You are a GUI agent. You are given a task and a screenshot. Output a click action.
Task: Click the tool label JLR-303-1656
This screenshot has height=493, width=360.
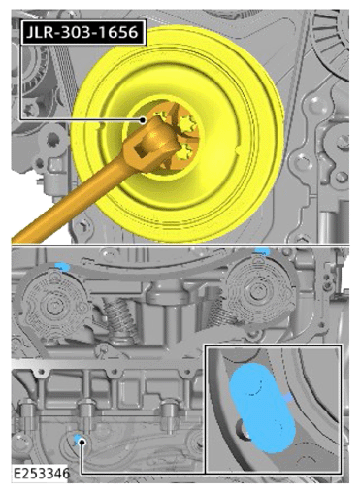[82, 32]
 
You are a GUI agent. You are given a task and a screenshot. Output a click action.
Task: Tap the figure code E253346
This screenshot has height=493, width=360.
[41, 473]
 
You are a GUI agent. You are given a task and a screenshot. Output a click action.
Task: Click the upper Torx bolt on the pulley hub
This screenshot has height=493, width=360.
[186, 124]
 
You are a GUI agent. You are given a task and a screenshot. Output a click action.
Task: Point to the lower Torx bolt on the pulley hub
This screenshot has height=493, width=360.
[182, 152]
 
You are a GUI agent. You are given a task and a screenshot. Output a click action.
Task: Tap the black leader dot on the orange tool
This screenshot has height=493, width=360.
[143, 120]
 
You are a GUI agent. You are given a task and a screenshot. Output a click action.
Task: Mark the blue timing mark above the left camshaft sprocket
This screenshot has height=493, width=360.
[62, 266]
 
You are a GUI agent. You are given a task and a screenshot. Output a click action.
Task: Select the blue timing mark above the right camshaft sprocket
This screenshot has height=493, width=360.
[263, 250]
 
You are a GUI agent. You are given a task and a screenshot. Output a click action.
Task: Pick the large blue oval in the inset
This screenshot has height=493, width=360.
[262, 408]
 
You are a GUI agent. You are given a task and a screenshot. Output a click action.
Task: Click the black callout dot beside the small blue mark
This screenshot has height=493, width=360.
[82, 442]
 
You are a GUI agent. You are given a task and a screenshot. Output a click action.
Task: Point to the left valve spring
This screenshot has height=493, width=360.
[117, 317]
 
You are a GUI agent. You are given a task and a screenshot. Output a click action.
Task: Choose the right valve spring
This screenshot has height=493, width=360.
[217, 311]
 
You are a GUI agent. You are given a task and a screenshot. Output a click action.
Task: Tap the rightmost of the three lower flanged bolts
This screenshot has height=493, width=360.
[169, 416]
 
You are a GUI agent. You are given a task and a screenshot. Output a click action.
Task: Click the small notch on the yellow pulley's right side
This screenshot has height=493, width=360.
[238, 149]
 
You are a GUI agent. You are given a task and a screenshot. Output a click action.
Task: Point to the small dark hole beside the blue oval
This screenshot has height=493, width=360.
[242, 430]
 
